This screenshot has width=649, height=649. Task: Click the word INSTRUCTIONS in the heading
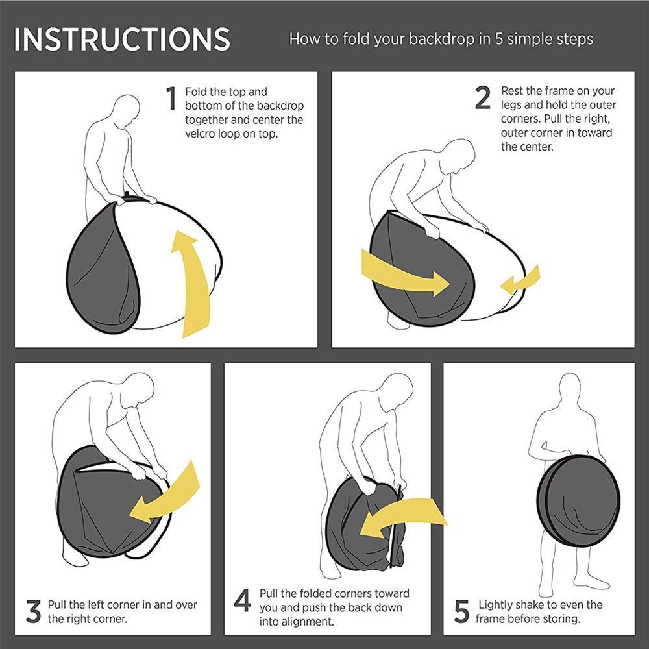pyautogui.click(x=122, y=40)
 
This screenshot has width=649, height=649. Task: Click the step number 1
pyautogui.click(x=171, y=99)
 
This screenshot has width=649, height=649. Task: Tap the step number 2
pyautogui.click(x=483, y=98)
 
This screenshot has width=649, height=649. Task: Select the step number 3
pyautogui.click(x=34, y=611)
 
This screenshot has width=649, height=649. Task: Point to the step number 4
pyautogui.click(x=243, y=600)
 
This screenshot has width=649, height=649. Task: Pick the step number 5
pyautogui.click(x=461, y=611)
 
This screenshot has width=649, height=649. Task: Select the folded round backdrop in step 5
pyautogui.click(x=578, y=501)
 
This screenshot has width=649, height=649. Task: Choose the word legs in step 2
pyautogui.click(x=511, y=105)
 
